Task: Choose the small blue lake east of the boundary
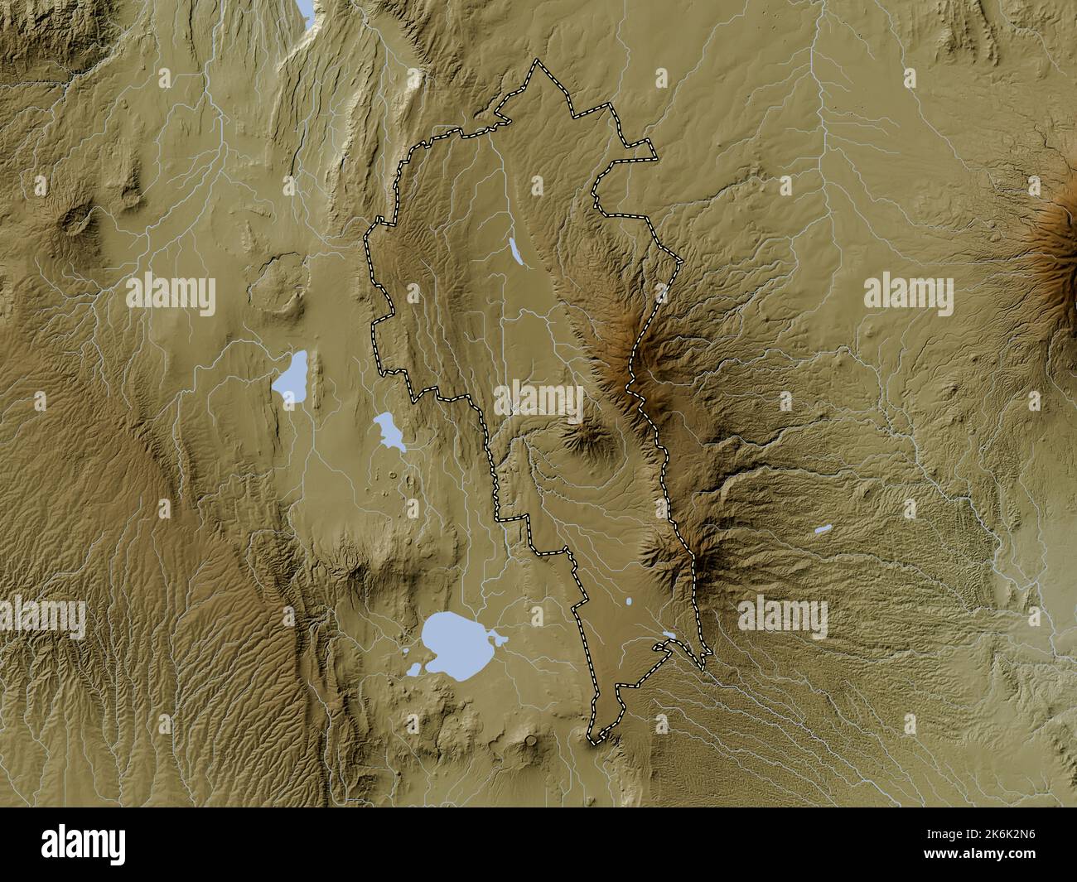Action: (x=823, y=528)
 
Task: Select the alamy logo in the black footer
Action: (x=84, y=845)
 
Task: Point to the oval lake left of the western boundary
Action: (x=291, y=378)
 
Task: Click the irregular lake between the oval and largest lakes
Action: (x=388, y=431)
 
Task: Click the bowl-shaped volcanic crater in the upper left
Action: (x=80, y=220)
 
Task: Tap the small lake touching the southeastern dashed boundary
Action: (x=669, y=637)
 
